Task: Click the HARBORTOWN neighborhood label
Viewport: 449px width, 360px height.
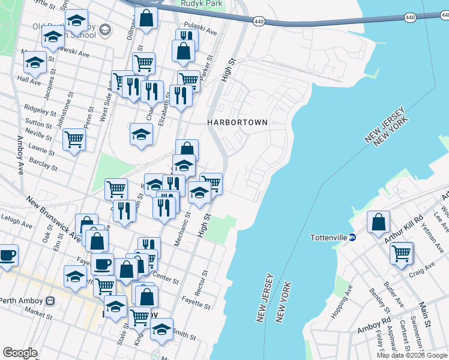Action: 237,122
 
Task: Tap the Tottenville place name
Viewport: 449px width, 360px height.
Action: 328,237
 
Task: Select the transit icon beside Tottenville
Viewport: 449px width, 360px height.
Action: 353,237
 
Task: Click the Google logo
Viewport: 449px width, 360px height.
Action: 20,353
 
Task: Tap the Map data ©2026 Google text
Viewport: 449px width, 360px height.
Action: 412,355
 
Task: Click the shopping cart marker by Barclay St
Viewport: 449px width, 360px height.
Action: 74,140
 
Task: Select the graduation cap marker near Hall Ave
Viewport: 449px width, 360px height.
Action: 35,62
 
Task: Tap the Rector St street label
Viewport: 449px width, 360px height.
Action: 205,281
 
